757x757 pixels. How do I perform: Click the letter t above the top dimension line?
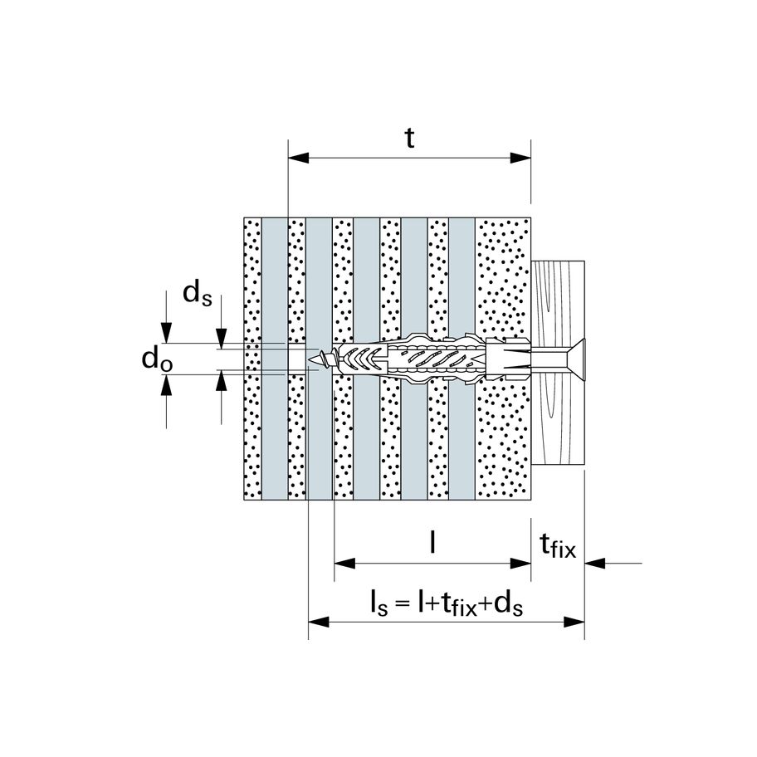point(409,138)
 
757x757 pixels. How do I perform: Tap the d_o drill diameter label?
point(157,359)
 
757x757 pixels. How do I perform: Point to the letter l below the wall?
point(432,542)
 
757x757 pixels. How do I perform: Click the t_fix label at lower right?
point(557,546)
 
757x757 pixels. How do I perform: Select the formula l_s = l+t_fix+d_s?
point(447,603)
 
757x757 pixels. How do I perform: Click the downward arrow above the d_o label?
point(168,334)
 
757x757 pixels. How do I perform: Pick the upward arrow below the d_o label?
point(168,383)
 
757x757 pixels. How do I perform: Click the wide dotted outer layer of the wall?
point(502,432)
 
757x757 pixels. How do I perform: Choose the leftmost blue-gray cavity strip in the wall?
point(274,432)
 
